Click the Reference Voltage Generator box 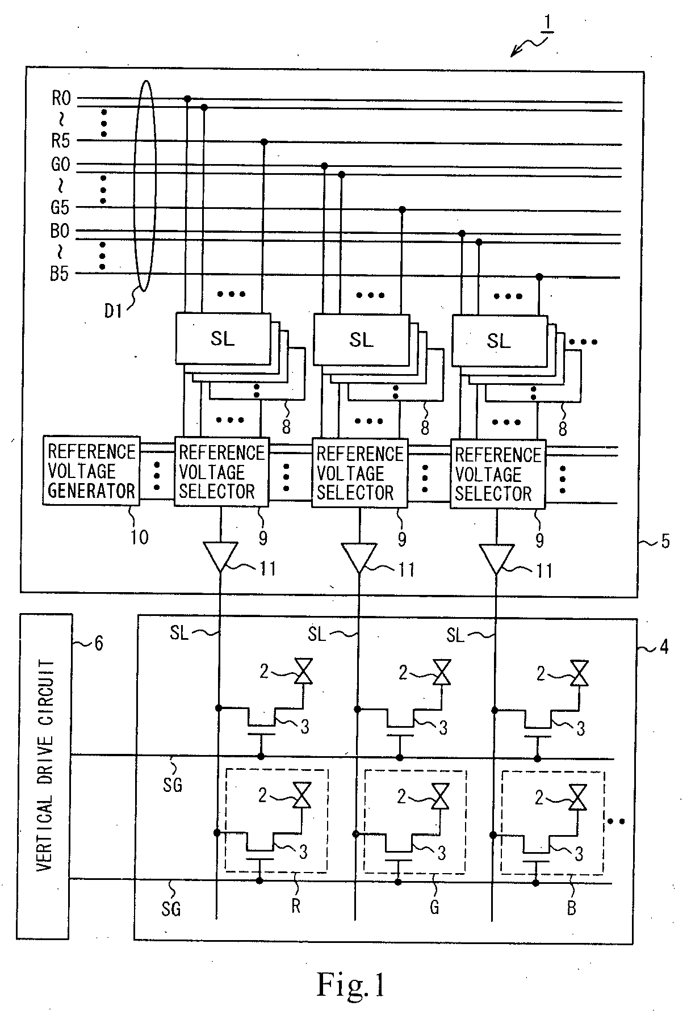pos(91,470)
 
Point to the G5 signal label pos(60,207)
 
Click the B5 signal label pos(59,274)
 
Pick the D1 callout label pos(114,311)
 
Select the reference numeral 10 pos(140,536)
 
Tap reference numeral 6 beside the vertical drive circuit pos(98,643)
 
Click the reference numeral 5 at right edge pos(665,541)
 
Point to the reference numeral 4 pos(663,647)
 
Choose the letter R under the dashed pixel pos(296,907)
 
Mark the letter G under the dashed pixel pos(434,907)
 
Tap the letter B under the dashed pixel pos(572,908)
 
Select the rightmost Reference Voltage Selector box pos(498,473)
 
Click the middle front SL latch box pos(361,339)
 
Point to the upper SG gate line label pos(172,785)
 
